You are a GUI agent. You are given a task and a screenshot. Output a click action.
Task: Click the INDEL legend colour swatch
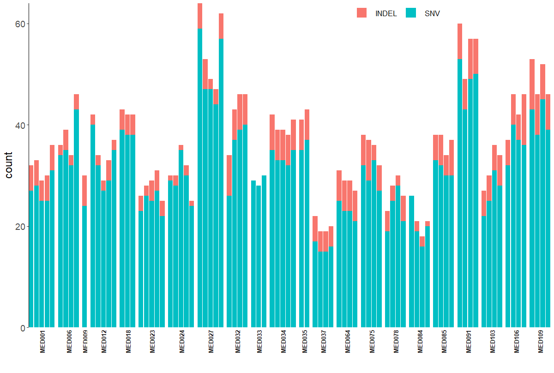(362, 13)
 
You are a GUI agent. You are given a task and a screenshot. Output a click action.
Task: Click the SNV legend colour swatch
(411, 13)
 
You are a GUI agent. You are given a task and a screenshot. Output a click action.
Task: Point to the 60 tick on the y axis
(20, 24)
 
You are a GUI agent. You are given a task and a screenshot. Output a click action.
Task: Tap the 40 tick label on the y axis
(20, 125)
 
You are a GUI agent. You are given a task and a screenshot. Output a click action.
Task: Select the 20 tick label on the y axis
(20, 227)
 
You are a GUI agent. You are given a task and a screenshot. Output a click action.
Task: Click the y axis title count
(9, 165)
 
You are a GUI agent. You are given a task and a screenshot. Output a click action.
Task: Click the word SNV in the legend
(432, 14)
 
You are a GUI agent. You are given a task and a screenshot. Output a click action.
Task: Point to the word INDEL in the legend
(386, 14)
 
